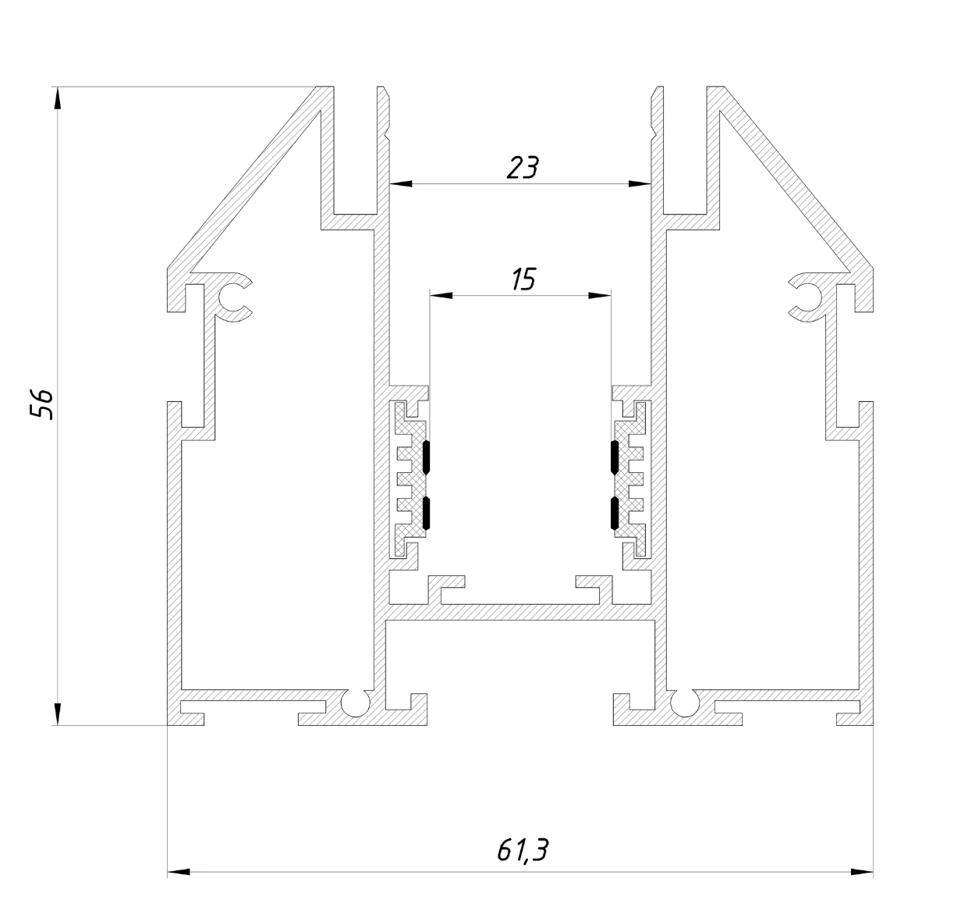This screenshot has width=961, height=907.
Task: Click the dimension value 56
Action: [41, 404]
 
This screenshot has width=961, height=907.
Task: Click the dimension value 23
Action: [523, 168]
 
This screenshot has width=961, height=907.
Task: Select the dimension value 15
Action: [523, 279]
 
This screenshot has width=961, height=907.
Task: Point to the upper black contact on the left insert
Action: [427, 457]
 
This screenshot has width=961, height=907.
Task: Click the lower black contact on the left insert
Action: [427, 513]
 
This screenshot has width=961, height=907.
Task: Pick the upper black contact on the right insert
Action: [615, 457]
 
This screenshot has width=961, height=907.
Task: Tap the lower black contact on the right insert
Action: [615, 513]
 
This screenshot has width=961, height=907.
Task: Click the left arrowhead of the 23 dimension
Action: [401, 184]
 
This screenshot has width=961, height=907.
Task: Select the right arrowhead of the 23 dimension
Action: [640, 184]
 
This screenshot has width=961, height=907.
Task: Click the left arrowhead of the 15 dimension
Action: [441, 295]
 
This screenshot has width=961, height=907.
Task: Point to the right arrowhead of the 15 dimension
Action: [600, 295]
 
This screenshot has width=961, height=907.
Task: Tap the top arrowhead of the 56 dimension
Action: [58, 98]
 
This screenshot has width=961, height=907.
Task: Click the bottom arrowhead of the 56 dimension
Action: [58, 713]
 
